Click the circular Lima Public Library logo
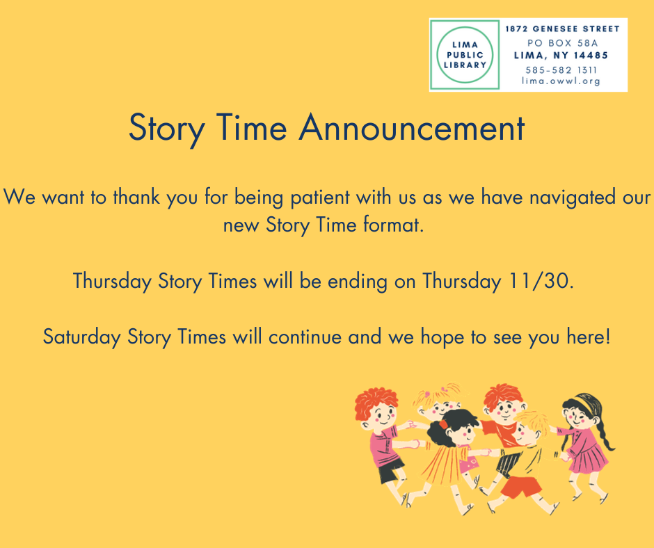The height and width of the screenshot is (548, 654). (x=465, y=55)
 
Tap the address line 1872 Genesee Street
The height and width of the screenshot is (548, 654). (x=562, y=29)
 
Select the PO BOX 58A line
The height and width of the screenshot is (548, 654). (x=562, y=42)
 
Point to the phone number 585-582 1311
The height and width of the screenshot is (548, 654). (x=561, y=70)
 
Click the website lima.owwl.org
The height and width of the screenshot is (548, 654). (x=561, y=81)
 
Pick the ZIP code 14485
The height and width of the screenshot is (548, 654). (x=591, y=56)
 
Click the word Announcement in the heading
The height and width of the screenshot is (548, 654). (x=412, y=128)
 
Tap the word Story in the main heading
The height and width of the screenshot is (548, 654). (x=166, y=129)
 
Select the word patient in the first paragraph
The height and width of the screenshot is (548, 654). (x=320, y=197)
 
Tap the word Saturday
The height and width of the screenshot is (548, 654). (x=82, y=337)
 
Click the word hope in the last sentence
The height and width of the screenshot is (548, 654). (x=442, y=337)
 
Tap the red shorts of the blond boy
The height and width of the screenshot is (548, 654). (x=521, y=487)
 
